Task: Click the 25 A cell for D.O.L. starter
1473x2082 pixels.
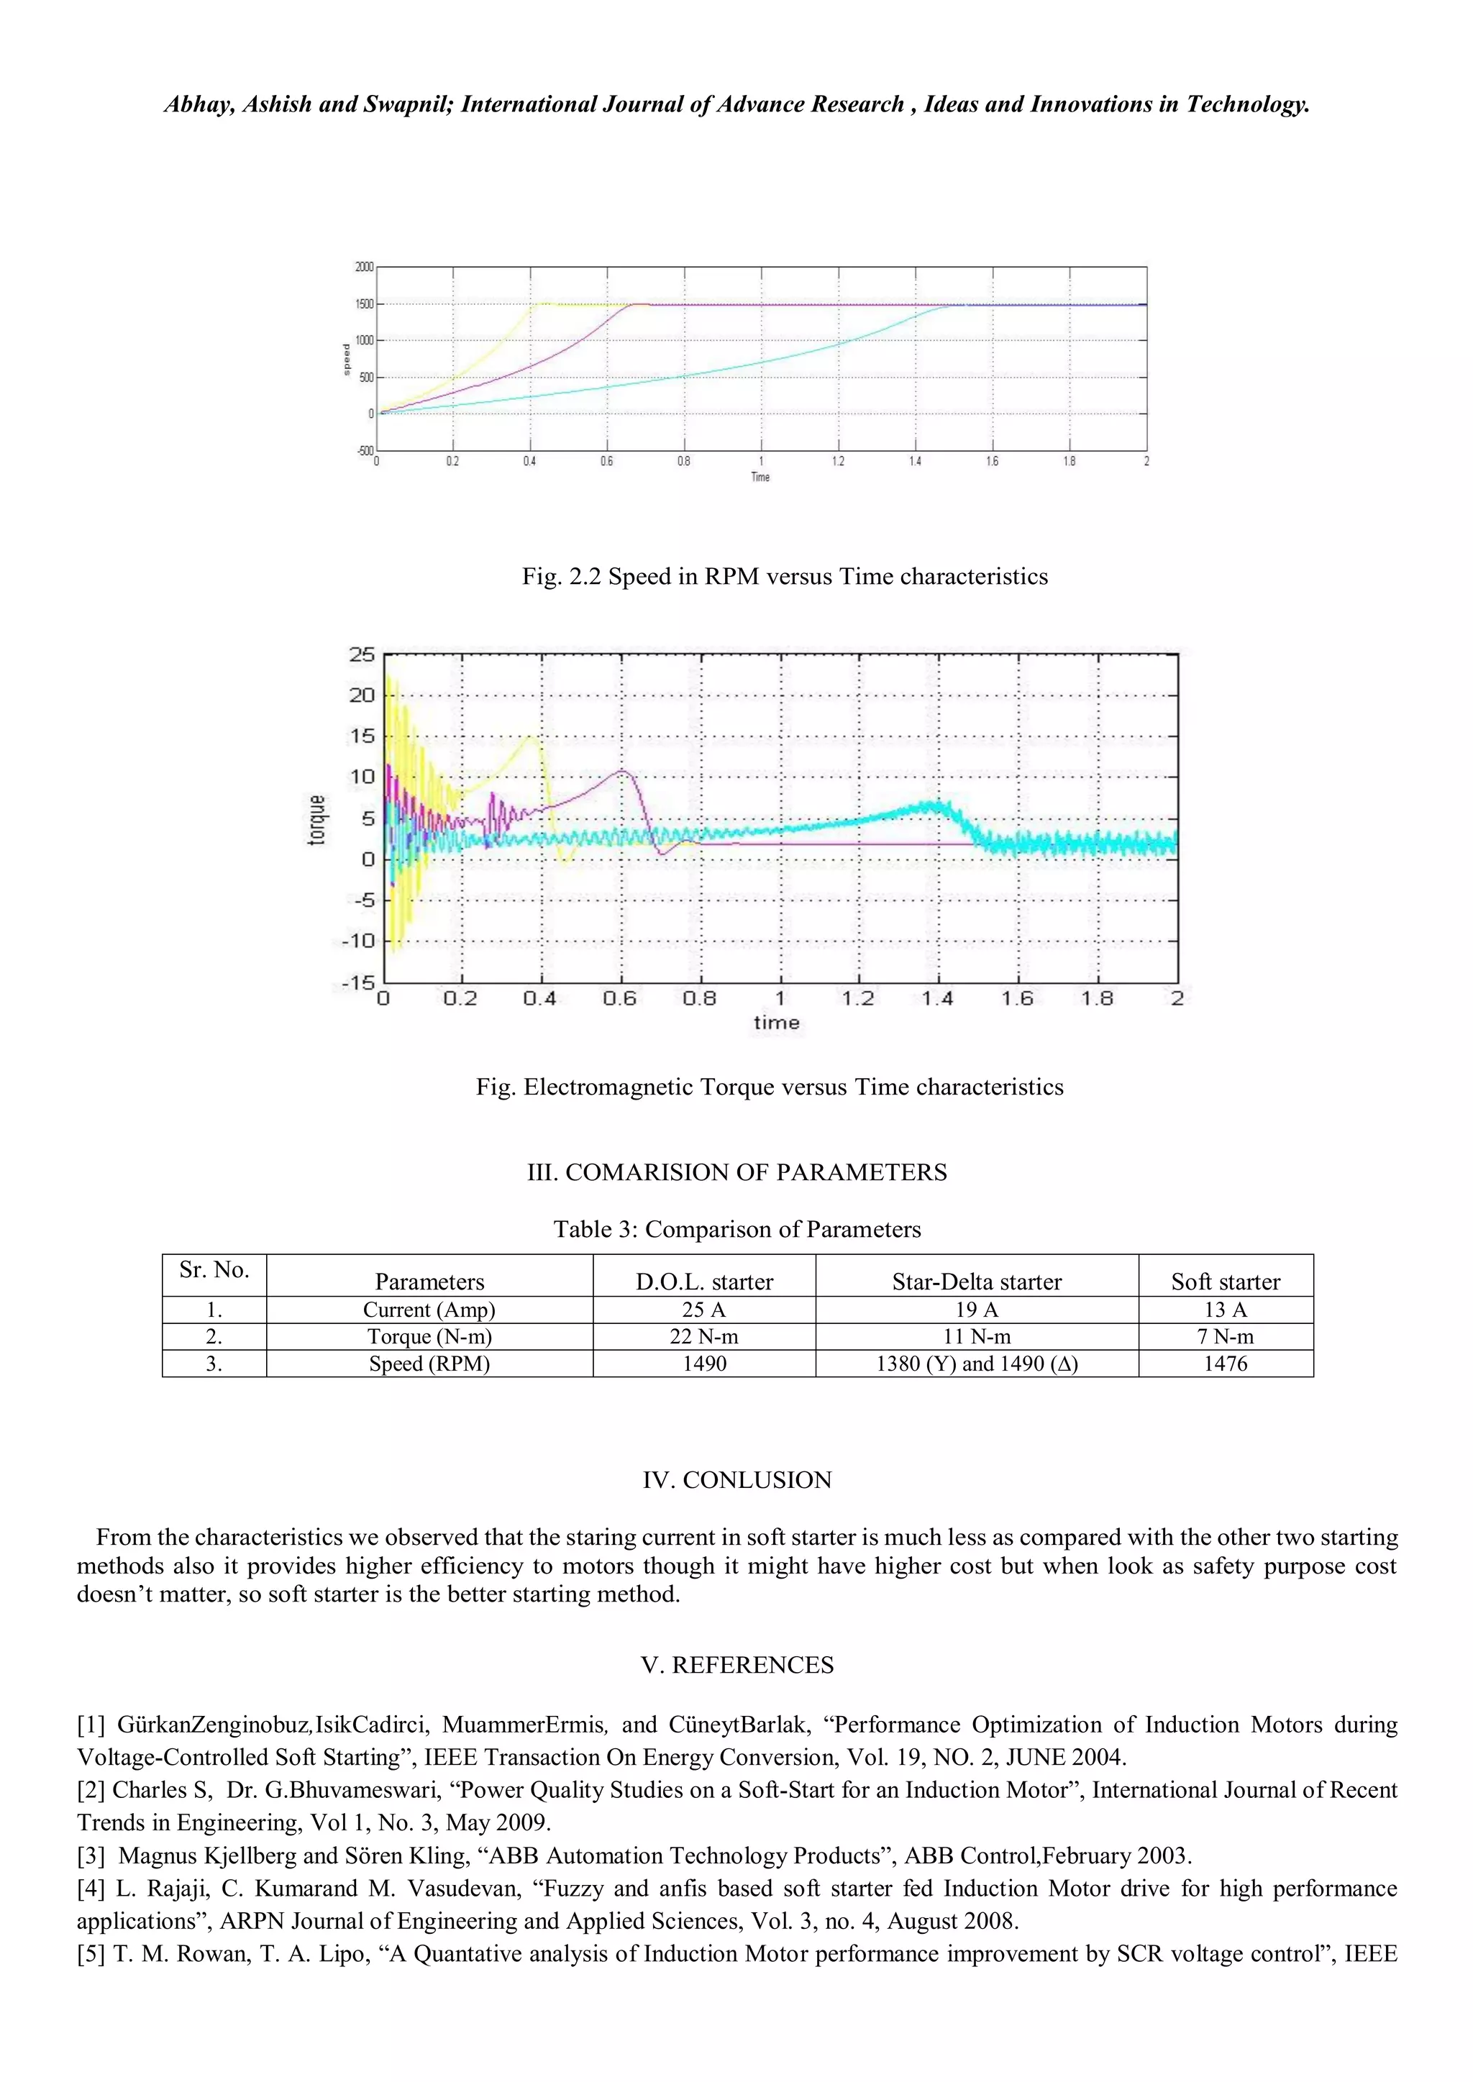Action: click(x=704, y=1310)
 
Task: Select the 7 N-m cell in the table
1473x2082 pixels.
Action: click(x=1226, y=1337)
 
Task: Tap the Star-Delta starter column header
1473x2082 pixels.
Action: click(x=976, y=1282)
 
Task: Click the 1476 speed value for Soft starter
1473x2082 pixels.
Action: click(x=1226, y=1364)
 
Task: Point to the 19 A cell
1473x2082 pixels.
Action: click(x=976, y=1310)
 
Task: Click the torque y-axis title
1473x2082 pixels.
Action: click(x=316, y=820)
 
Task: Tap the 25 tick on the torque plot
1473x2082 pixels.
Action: click(x=361, y=654)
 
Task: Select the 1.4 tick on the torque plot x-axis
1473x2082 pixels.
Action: click(x=937, y=998)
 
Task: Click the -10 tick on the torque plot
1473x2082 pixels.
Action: click(x=358, y=941)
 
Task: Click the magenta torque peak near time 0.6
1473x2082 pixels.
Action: click(x=622, y=771)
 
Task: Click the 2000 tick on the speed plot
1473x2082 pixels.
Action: click(x=364, y=267)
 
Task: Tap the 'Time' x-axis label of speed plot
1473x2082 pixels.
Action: click(x=760, y=477)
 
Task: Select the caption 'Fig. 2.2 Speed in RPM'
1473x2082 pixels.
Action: click(x=784, y=577)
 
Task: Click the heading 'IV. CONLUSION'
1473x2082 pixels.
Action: click(x=736, y=1480)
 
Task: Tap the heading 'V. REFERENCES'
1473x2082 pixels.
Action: click(x=736, y=1665)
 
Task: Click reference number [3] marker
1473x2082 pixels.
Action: click(x=91, y=1855)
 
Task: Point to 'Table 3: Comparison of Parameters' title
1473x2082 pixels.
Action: click(x=736, y=1230)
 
